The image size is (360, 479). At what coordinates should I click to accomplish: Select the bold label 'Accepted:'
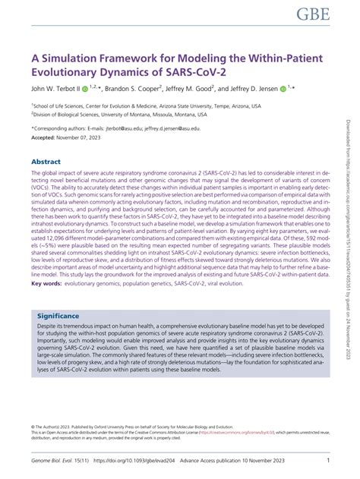click(x=45, y=139)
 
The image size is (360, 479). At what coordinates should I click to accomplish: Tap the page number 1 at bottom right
click(x=327, y=461)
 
